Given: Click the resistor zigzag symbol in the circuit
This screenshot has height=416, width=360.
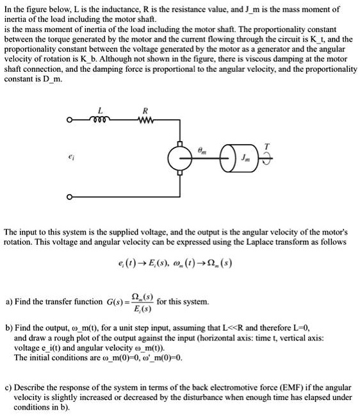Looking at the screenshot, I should click(147, 119).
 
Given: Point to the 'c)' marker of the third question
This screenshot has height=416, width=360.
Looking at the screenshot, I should click(8, 387).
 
